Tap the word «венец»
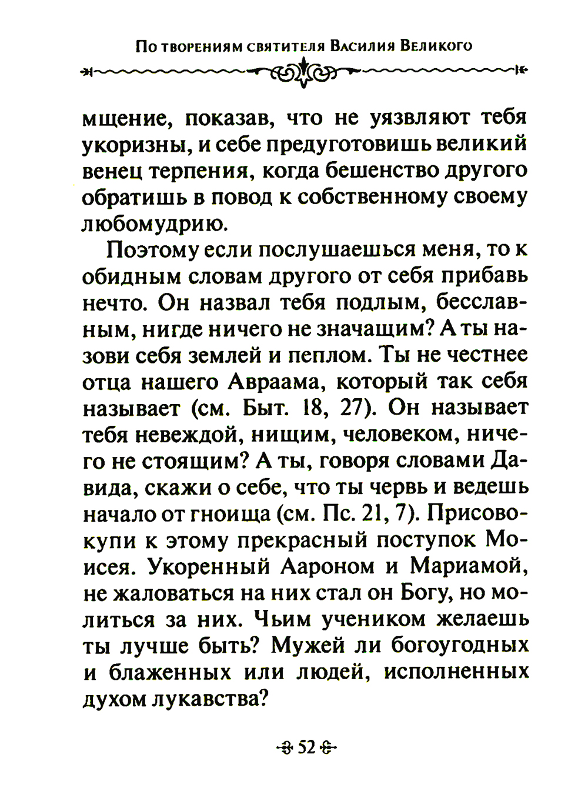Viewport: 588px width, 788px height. (x=109, y=171)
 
